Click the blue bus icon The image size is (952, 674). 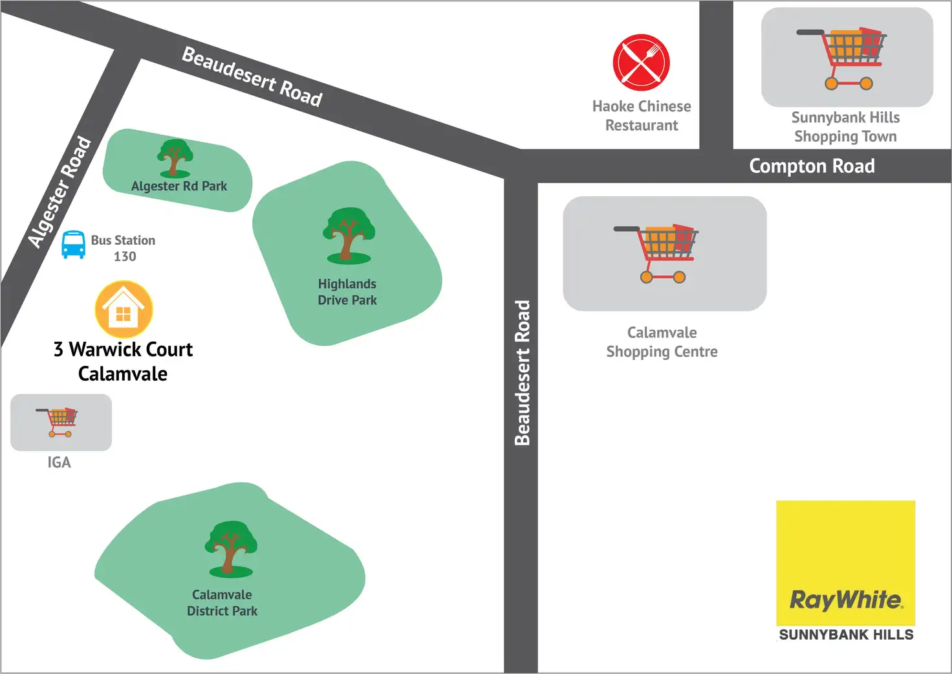(74, 245)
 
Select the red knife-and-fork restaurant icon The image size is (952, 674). (642, 63)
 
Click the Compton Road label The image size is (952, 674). (812, 166)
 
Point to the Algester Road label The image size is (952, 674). (59, 192)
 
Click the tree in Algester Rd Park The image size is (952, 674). (175, 158)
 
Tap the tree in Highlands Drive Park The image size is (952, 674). (349, 236)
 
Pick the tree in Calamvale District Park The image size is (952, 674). (231, 549)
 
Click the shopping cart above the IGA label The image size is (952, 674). (57, 423)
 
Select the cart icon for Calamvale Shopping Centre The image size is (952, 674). (656, 254)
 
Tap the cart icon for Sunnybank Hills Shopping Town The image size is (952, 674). (841, 58)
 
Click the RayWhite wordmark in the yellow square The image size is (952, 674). (846, 600)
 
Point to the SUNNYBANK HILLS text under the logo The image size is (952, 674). (846, 635)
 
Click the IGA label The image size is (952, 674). (59, 462)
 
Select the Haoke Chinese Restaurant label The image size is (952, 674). (642, 116)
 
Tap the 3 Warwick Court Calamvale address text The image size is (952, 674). (124, 362)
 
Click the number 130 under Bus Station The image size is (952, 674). (125, 256)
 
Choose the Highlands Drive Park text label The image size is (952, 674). (347, 292)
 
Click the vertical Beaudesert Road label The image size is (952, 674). (523, 373)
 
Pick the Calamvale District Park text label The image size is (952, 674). (222, 603)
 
